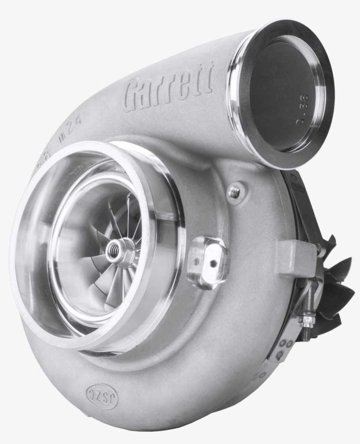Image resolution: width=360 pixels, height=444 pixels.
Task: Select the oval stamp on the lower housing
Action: coord(102,390)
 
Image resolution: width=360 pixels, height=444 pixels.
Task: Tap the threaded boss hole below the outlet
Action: coord(234,191)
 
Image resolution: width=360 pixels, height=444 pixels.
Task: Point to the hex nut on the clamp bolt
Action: coord(306,319)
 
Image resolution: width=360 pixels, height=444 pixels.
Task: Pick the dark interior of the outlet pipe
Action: coord(281,97)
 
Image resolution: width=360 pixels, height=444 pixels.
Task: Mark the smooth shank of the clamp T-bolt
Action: coord(310,299)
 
